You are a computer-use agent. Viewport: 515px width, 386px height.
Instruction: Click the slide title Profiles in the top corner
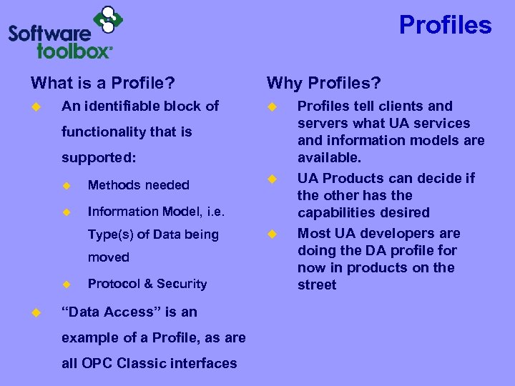(x=445, y=25)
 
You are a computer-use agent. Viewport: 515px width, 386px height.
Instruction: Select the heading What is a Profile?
(x=103, y=83)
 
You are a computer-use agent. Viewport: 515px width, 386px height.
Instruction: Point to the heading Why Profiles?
(x=323, y=83)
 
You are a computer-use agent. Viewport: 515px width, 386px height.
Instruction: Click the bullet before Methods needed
(x=67, y=185)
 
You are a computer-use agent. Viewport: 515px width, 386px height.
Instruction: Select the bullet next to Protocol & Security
(x=67, y=284)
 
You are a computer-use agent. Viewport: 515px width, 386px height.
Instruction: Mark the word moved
(x=108, y=257)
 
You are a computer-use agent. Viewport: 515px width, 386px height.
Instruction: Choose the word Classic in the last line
(x=151, y=363)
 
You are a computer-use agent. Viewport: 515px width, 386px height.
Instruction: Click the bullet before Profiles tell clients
(x=271, y=107)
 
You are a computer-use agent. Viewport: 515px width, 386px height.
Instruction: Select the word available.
(x=329, y=157)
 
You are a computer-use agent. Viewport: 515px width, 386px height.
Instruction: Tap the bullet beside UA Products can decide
(x=271, y=179)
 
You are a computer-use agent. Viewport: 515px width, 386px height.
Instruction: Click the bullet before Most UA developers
(x=271, y=234)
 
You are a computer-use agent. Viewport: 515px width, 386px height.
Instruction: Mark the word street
(x=317, y=284)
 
